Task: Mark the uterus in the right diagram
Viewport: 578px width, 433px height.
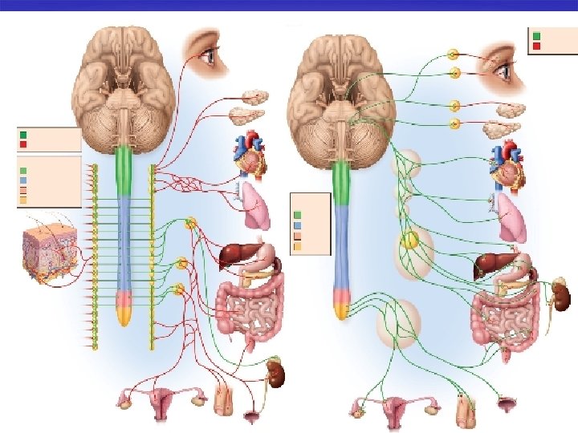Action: [x=393, y=411]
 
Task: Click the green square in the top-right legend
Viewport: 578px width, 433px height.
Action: [x=536, y=36]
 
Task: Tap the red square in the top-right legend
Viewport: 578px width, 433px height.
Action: [x=536, y=46]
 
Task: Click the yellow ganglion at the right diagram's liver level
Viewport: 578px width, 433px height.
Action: [x=410, y=239]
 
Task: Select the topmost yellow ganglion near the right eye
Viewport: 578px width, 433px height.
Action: [x=454, y=55]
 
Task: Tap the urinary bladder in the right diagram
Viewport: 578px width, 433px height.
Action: [x=507, y=408]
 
